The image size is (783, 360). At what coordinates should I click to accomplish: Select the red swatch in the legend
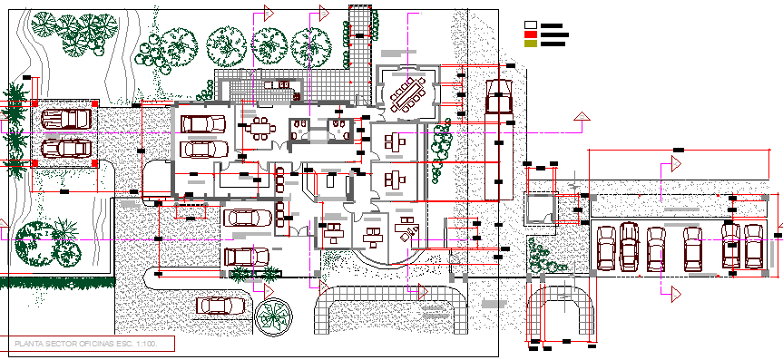pyautogui.click(x=531, y=34)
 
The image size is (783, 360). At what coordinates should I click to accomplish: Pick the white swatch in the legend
pyautogui.click(x=531, y=25)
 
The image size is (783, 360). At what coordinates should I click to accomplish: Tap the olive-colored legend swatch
pyautogui.click(x=531, y=44)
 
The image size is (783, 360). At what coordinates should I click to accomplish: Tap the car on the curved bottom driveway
pyautogui.click(x=221, y=305)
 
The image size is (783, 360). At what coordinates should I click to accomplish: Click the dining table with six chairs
pyautogui.click(x=260, y=127)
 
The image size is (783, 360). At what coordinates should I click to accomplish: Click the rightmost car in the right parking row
pyautogui.click(x=754, y=247)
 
